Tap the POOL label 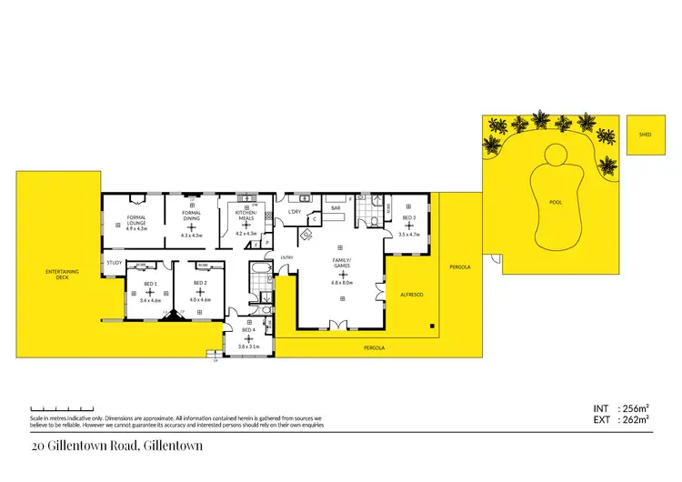click(x=556, y=203)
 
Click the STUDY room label click(x=114, y=263)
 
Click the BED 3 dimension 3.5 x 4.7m click(x=409, y=234)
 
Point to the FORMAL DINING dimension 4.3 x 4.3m click(x=192, y=236)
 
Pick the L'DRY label click(x=294, y=212)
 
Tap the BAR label click(x=336, y=209)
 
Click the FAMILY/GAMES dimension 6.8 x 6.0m click(x=341, y=282)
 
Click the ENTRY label click(x=286, y=257)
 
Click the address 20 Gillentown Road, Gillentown click(x=116, y=446)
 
